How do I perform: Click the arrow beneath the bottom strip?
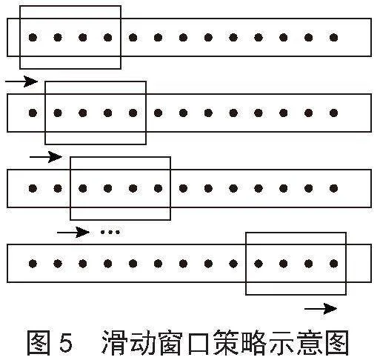coord(321,309)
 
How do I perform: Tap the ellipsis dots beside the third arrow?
coord(110,232)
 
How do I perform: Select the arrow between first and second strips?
coord(21,81)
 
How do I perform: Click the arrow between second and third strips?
coord(46,157)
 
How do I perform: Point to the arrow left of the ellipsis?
coord(73,233)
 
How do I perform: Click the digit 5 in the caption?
coord(66,343)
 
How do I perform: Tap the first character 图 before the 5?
coord(39,343)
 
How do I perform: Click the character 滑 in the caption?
coord(114,343)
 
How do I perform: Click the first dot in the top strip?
coord(33,38)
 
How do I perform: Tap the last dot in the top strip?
coord(334,38)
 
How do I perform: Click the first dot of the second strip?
coord(33,113)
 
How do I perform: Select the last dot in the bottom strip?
coord(334,264)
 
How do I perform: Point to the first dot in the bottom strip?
coord(33,264)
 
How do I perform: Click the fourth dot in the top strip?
coord(108,38)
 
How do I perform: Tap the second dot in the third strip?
coord(58,189)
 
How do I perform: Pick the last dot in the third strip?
coord(334,189)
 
